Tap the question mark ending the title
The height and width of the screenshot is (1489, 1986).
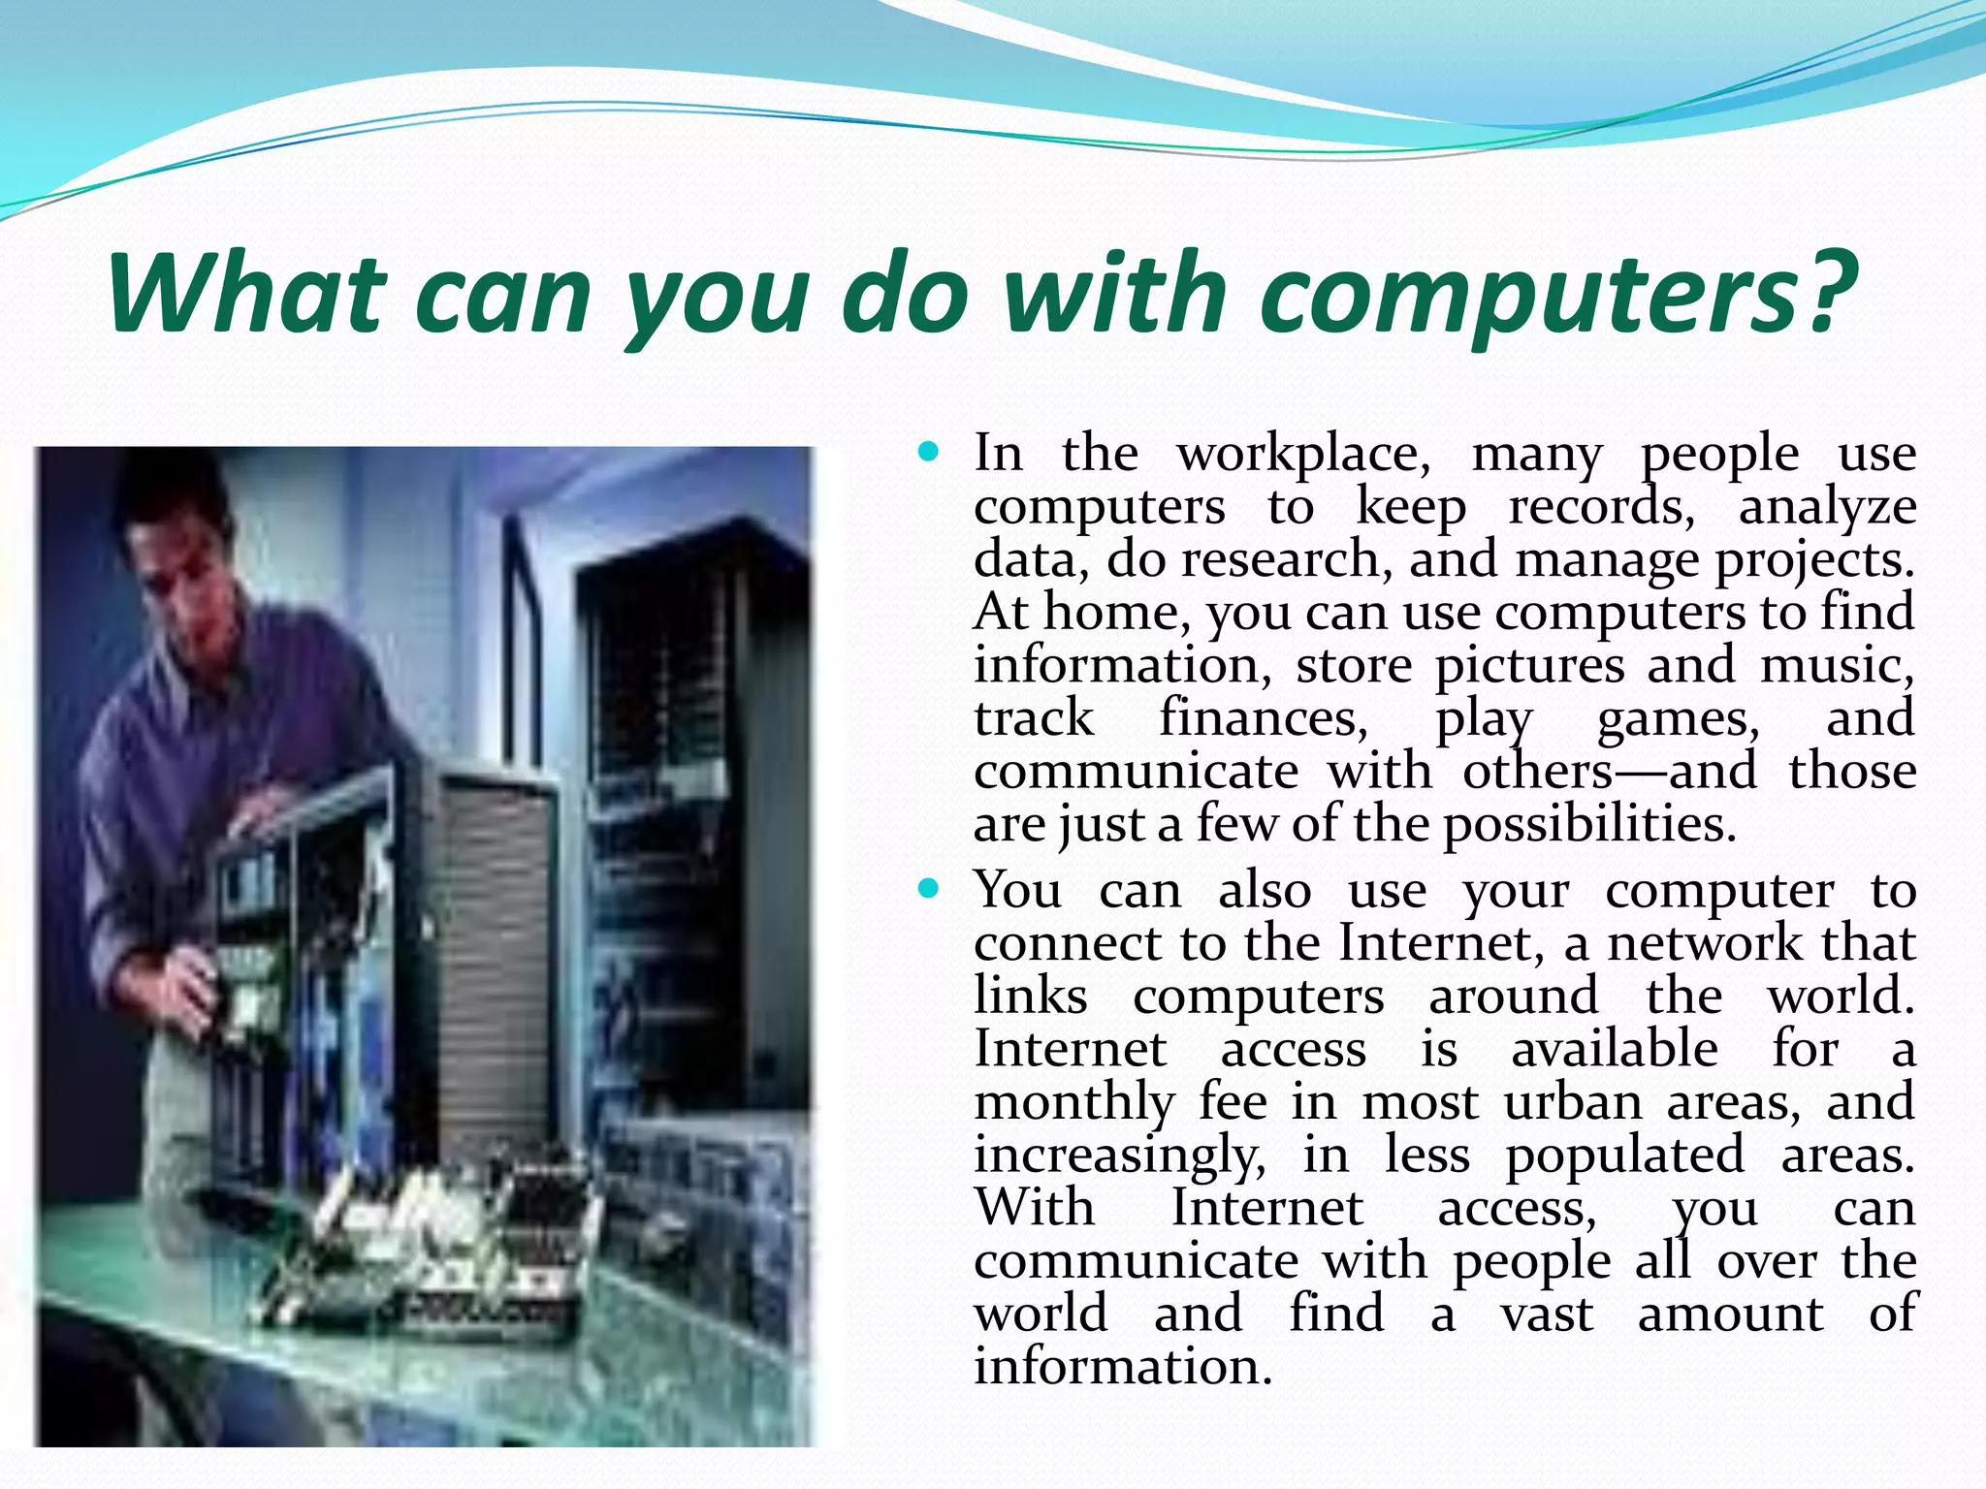coord(1827,290)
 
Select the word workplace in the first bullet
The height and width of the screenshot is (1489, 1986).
coord(1303,454)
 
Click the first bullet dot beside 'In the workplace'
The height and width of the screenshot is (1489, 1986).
coord(929,452)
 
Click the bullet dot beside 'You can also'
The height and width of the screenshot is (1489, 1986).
coord(929,888)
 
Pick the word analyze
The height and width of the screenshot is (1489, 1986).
coord(1827,508)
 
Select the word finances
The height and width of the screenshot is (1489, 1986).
coord(1263,718)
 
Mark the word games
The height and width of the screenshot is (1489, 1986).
coord(1678,720)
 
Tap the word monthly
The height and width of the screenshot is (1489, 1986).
coord(1073,1103)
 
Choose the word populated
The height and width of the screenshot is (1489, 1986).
coord(1624,1156)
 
